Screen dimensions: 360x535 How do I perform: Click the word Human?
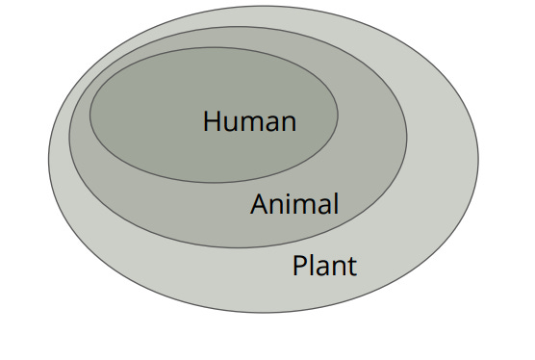click(x=250, y=121)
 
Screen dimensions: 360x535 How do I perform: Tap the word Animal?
click(x=294, y=204)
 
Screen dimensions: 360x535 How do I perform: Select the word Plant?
click(x=324, y=265)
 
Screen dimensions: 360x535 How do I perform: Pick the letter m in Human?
click(x=250, y=123)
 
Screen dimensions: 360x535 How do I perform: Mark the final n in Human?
click(x=287, y=123)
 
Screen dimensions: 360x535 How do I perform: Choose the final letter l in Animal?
click(x=336, y=203)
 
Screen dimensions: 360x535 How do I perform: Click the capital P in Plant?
click(x=300, y=265)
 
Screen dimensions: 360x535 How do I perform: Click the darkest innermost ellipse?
click(x=154, y=106)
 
